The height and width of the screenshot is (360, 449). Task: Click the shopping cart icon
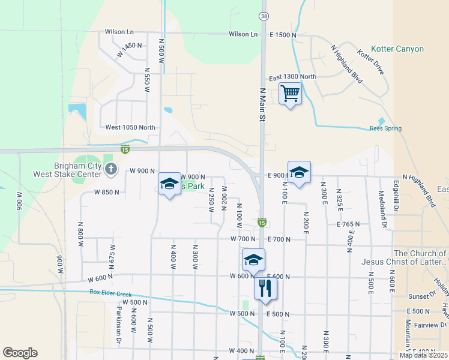pyautogui.click(x=290, y=93)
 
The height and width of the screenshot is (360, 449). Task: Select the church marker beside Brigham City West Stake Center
pyautogui.click(x=110, y=170)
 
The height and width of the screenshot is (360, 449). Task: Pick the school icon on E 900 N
pyautogui.click(x=299, y=172)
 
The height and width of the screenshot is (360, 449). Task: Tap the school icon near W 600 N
pyautogui.click(x=253, y=260)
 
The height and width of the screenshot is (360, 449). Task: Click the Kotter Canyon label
pyautogui.click(x=397, y=49)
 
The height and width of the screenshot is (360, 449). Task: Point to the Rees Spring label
pyautogui.click(x=385, y=128)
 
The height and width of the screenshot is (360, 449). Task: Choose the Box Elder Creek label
pyautogui.click(x=110, y=293)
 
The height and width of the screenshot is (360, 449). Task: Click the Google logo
pyautogui.click(x=20, y=353)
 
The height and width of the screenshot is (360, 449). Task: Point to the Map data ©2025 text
pyautogui.click(x=423, y=355)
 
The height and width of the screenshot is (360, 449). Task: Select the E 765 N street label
pyautogui.click(x=348, y=224)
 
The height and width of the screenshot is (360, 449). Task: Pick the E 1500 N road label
pyautogui.click(x=283, y=35)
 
